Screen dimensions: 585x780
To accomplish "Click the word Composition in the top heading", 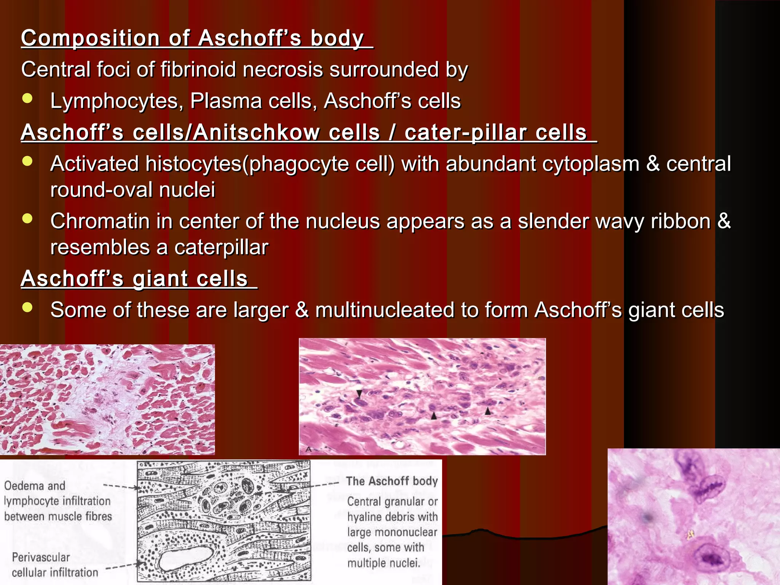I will click(90, 38).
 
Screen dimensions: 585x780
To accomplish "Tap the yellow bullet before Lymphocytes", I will click(27, 99).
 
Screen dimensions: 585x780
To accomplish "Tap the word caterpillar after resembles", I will click(221, 248).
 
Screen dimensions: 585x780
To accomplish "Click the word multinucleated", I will click(384, 310).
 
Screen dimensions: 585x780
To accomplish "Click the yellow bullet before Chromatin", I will click(27, 219).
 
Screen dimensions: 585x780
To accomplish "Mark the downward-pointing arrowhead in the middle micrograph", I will click(359, 393).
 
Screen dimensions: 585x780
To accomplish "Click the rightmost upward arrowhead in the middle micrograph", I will click(488, 411).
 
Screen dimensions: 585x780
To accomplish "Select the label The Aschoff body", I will click(392, 481).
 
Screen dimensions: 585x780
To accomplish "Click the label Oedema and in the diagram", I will click(35, 486).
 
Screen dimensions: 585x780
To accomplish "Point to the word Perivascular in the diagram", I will click(41, 558).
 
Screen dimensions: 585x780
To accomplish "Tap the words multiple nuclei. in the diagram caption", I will click(384, 563).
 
